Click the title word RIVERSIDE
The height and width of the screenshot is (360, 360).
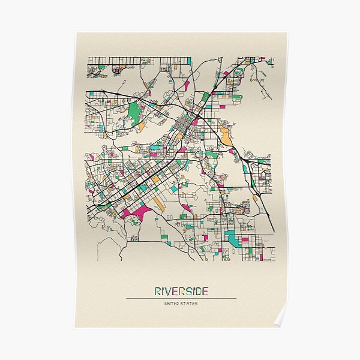[181, 292]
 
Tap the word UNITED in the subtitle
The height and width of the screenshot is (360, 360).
[172, 303]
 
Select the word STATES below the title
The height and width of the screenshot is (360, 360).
[190, 303]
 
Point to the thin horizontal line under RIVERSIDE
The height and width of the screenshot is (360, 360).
[181, 298]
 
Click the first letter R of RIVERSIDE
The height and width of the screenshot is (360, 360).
[158, 292]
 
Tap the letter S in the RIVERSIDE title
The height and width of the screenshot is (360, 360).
[188, 292]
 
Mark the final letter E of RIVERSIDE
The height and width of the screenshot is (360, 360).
[205, 292]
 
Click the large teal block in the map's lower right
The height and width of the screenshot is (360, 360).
[233, 239]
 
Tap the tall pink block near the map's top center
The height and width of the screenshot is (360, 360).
[187, 86]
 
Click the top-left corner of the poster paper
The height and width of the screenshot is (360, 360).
[76, 34]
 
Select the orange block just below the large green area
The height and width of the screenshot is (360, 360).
[142, 127]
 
